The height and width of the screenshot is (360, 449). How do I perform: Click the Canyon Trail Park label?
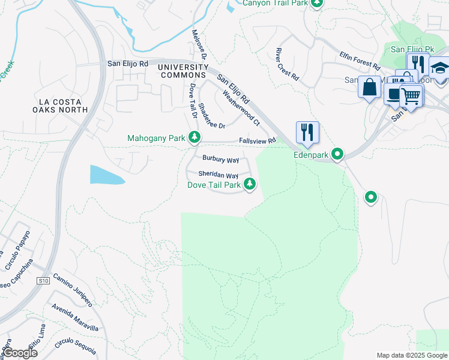click(276, 3)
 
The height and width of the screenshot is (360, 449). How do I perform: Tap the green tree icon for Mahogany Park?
click(194, 137)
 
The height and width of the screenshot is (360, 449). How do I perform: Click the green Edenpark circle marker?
click(337, 155)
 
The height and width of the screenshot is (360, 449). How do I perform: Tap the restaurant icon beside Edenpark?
click(307, 132)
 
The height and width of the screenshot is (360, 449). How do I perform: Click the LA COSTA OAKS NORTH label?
click(61, 106)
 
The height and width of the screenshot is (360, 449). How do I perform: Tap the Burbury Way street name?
click(220, 160)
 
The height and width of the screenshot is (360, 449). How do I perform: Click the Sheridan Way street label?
click(214, 176)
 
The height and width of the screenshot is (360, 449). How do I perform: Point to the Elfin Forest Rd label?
click(360, 60)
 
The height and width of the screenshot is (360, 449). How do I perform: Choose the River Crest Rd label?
click(287, 64)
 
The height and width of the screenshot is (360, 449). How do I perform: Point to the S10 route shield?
click(43, 280)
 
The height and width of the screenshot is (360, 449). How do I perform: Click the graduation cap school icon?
click(439, 68)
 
